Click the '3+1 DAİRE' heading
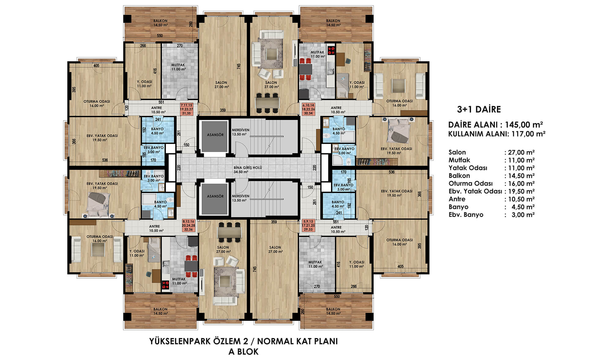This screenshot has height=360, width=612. click(x=479, y=109)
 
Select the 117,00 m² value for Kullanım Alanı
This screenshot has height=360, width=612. click(x=528, y=134)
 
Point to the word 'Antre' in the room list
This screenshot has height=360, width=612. click(x=457, y=199)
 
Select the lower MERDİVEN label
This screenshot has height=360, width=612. click(x=241, y=196)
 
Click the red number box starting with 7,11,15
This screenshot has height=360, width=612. click(x=187, y=109)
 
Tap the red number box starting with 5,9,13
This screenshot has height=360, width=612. click(x=308, y=225)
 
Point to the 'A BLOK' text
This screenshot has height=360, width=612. click(x=243, y=352)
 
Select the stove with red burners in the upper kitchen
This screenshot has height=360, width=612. click(x=331, y=50)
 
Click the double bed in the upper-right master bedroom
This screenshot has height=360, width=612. click(x=398, y=131)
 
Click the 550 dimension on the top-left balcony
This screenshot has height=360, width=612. click(x=160, y=36)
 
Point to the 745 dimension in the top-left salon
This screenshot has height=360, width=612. click(x=239, y=66)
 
